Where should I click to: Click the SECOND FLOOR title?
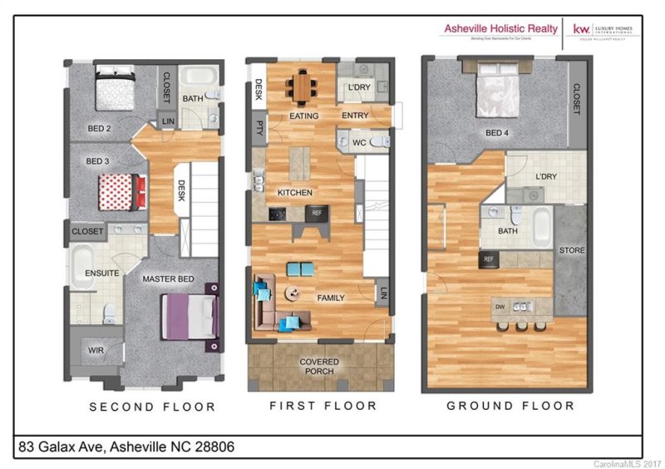pos(152,407)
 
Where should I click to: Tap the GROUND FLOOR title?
pos(510,406)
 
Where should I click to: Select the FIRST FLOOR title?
pos(323,406)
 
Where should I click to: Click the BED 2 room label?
pos(100,128)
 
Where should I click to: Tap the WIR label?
pos(96,351)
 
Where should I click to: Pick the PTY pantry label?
pos(259,128)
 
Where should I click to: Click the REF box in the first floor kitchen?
pos(317,213)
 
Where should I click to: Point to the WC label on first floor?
pos(359,142)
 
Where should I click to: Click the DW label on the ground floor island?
pos(500,306)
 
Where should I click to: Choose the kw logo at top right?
pos(581,29)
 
